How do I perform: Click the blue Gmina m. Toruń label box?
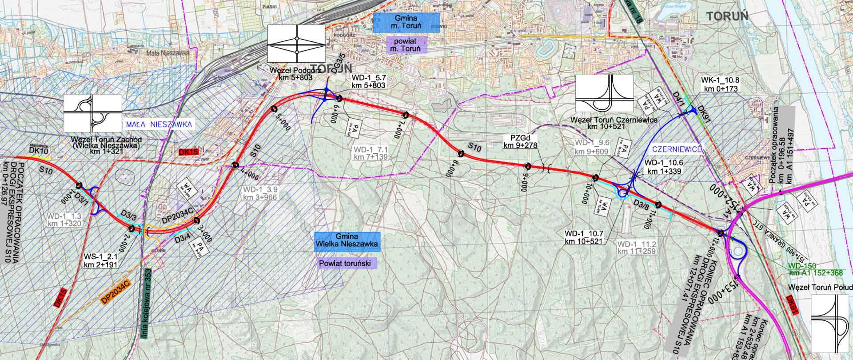click(406, 22)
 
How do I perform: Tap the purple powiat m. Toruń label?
click(405, 45)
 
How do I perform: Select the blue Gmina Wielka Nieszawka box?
click(347, 240)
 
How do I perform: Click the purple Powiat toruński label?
click(345, 264)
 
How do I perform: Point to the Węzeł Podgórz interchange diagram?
click(296, 44)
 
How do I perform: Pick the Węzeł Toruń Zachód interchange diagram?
click(92, 113)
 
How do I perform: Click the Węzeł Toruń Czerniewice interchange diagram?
click(604, 93)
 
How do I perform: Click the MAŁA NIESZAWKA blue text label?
click(159, 124)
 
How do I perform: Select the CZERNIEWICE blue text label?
click(677, 150)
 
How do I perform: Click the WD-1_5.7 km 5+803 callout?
click(369, 81)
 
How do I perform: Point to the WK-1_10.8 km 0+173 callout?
click(720, 84)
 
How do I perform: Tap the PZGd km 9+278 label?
click(520, 142)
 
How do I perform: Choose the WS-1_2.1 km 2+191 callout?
click(101, 261)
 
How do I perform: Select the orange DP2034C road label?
click(115, 292)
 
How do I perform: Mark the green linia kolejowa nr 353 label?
click(147, 304)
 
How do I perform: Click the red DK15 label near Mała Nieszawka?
click(188, 152)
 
